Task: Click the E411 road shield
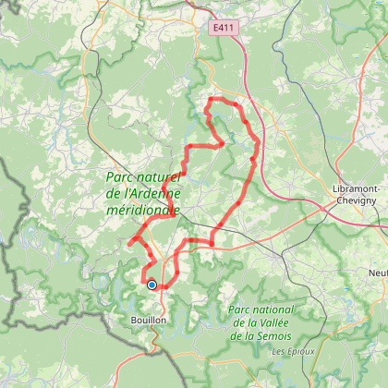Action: [x=221, y=29]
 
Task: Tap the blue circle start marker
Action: [x=152, y=285]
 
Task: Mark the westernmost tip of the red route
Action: [x=127, y=245]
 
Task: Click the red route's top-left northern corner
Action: [x=212, y=99]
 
